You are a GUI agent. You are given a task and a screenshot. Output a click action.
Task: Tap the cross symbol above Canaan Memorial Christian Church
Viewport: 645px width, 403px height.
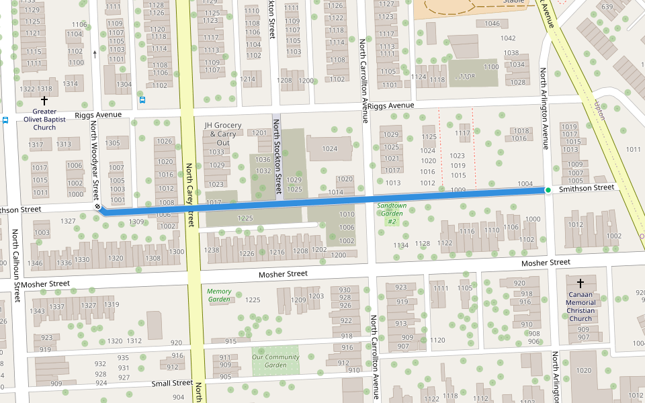[x=580, y=283]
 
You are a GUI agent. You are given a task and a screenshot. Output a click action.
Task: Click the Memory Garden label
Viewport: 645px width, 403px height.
[x=219, y=296]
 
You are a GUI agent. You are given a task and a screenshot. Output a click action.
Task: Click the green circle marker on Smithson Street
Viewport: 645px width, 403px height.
[x=548, y=191]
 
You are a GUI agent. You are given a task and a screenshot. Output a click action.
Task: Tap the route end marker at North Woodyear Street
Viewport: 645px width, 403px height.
[x=98, y=207]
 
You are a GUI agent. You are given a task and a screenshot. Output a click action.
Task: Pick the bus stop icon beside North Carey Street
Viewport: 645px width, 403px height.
[x=142, y=101]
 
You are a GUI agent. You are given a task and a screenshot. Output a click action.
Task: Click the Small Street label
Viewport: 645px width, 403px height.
[x=172, y=383]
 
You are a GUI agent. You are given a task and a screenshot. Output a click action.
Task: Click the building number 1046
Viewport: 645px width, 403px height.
[x=492, y=24]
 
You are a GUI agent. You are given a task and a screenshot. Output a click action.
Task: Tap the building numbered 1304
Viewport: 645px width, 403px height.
[x=124, y=84]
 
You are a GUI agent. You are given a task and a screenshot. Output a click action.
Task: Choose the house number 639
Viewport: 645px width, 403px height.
[x=607, y=7]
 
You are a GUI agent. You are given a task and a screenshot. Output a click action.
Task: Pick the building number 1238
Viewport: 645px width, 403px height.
[x=212, y=250]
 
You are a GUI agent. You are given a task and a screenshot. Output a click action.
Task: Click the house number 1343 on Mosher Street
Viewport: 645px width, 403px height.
[x=38, y=310]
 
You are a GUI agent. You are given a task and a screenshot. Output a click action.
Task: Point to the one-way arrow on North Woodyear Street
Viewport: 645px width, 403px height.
[x=95, y=54]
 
